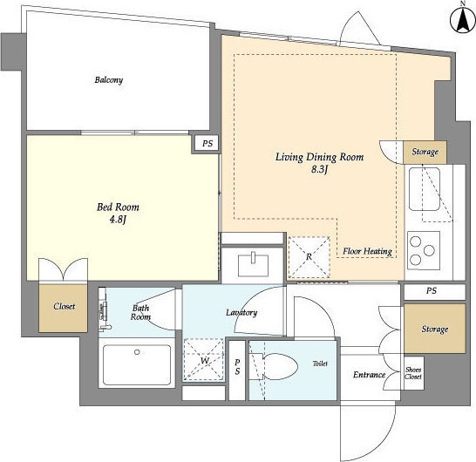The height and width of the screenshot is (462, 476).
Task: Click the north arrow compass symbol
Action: (x=462, y=20)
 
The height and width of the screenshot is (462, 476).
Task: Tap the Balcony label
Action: (x=109, y=80)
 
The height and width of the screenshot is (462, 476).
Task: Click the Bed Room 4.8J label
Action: (x=118, y=213)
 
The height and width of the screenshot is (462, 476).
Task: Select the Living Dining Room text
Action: (x=319, y=157)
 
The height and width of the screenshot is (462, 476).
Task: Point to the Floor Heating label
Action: (x=367, y=251)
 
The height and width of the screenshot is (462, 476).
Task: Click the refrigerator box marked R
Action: (x=309, y=257)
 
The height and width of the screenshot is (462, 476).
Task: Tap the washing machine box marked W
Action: (x=204, y=359)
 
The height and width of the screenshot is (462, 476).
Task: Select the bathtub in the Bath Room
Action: (x=137, y=364)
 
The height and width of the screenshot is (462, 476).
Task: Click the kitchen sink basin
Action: (x=425, y=189)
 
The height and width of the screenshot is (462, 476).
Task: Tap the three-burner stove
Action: (x=424, y=251)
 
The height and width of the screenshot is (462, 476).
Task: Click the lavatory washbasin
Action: (x=253, y=265)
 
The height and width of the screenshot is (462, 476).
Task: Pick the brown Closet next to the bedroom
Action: (x=63, y=308)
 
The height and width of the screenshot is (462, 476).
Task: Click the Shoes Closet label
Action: (x=413, y=373)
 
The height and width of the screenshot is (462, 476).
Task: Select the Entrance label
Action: (x=369, y=375)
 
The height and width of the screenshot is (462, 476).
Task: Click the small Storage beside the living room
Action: (x=425, y=152)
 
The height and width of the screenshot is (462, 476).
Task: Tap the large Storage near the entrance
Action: (x=435, y=329)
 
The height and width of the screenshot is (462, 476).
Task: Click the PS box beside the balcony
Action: (x=207, y=143)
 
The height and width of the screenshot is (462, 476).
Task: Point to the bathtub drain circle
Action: (x=137, y=352)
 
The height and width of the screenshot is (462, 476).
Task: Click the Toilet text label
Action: (x=320, y=363)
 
